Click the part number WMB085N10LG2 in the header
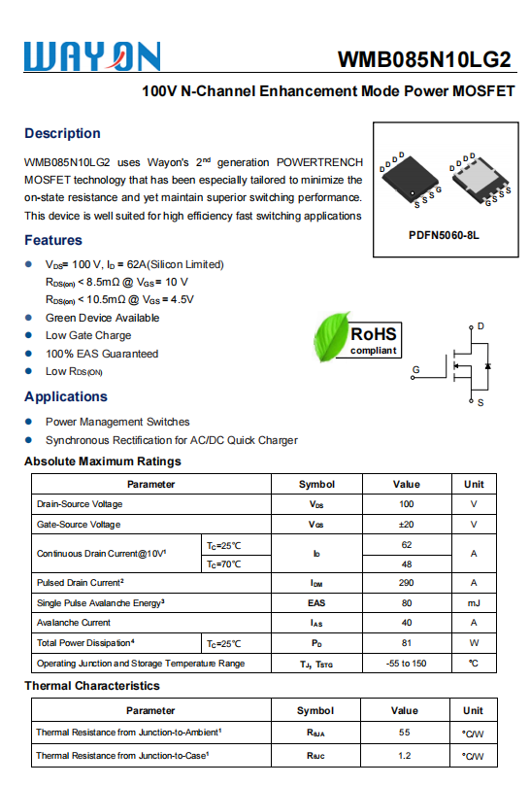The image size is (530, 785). [x=424, y=59]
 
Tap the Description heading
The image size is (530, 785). [x=62, y=133]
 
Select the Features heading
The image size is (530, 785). [x=53, y=240]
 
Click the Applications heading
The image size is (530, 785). [x=66, y=396]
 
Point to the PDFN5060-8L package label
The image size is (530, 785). [x=444, y=235]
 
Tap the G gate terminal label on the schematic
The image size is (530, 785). [x=415, y=369]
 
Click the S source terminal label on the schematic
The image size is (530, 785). [x=480, y=402]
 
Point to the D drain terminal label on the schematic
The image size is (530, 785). [x=480, y=326]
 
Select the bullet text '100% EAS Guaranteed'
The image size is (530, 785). [x=102, y=354]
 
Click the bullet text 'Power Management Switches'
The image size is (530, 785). [x=117, y=422]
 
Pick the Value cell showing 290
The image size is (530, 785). [x=406, y=583]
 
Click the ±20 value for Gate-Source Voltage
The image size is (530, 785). [x=406, y=525]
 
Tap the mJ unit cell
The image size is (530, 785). [x=474, y=603]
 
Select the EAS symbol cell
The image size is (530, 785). [x=316, y=603]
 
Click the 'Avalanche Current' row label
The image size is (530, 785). [x=74, y=623]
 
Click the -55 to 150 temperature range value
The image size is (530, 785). [x=406, y=664]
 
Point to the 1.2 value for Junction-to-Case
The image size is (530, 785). [x=405, y=755]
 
